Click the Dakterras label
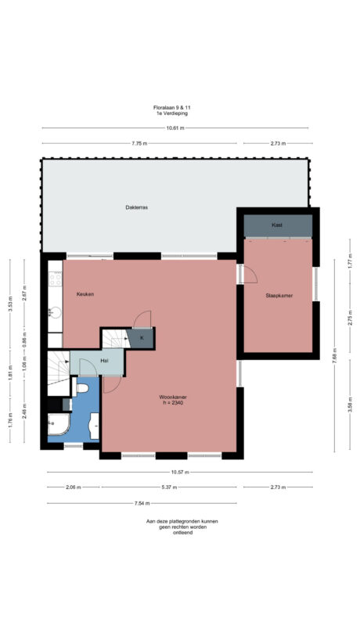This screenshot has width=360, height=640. [137, 207]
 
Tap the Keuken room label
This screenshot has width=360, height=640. [85, 293]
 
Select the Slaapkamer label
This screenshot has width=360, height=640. [278, 295]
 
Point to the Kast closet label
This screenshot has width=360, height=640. [277, 225]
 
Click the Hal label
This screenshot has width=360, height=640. [104, 361]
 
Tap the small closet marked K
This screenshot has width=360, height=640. [142, 338]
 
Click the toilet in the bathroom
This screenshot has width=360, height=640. [82, 387]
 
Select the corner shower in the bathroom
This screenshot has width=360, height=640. [56, 426]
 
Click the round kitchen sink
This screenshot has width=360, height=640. [54, 311]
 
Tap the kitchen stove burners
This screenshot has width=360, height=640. [55, 279]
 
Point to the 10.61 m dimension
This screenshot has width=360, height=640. [175, 128]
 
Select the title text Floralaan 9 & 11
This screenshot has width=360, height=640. [171, 107]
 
